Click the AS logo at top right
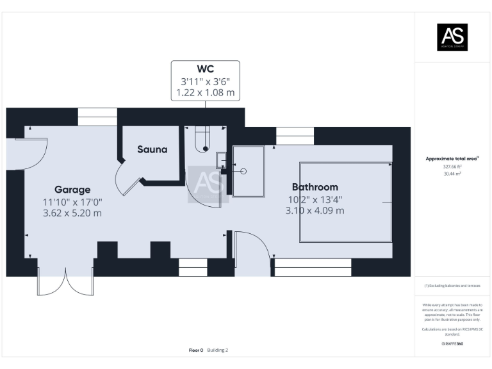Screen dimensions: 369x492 (452, 37)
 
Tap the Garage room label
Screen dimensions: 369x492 (72, 190)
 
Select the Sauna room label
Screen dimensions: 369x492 (152, 149)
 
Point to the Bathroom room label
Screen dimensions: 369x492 (315, 187)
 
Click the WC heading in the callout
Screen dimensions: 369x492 (205, 69)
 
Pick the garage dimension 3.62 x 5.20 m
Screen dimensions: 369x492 (72, 213)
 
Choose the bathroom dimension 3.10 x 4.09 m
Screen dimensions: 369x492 (315, 210)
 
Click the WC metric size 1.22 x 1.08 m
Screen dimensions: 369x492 (205, 93)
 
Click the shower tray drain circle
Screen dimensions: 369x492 (243, 171)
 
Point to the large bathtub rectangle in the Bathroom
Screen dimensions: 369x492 (346, 202)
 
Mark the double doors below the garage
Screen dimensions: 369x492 (65, 282)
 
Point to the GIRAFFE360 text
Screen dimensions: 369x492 (452, 344)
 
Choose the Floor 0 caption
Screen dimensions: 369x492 (196, 350)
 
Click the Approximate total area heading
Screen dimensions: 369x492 (452, 158)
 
